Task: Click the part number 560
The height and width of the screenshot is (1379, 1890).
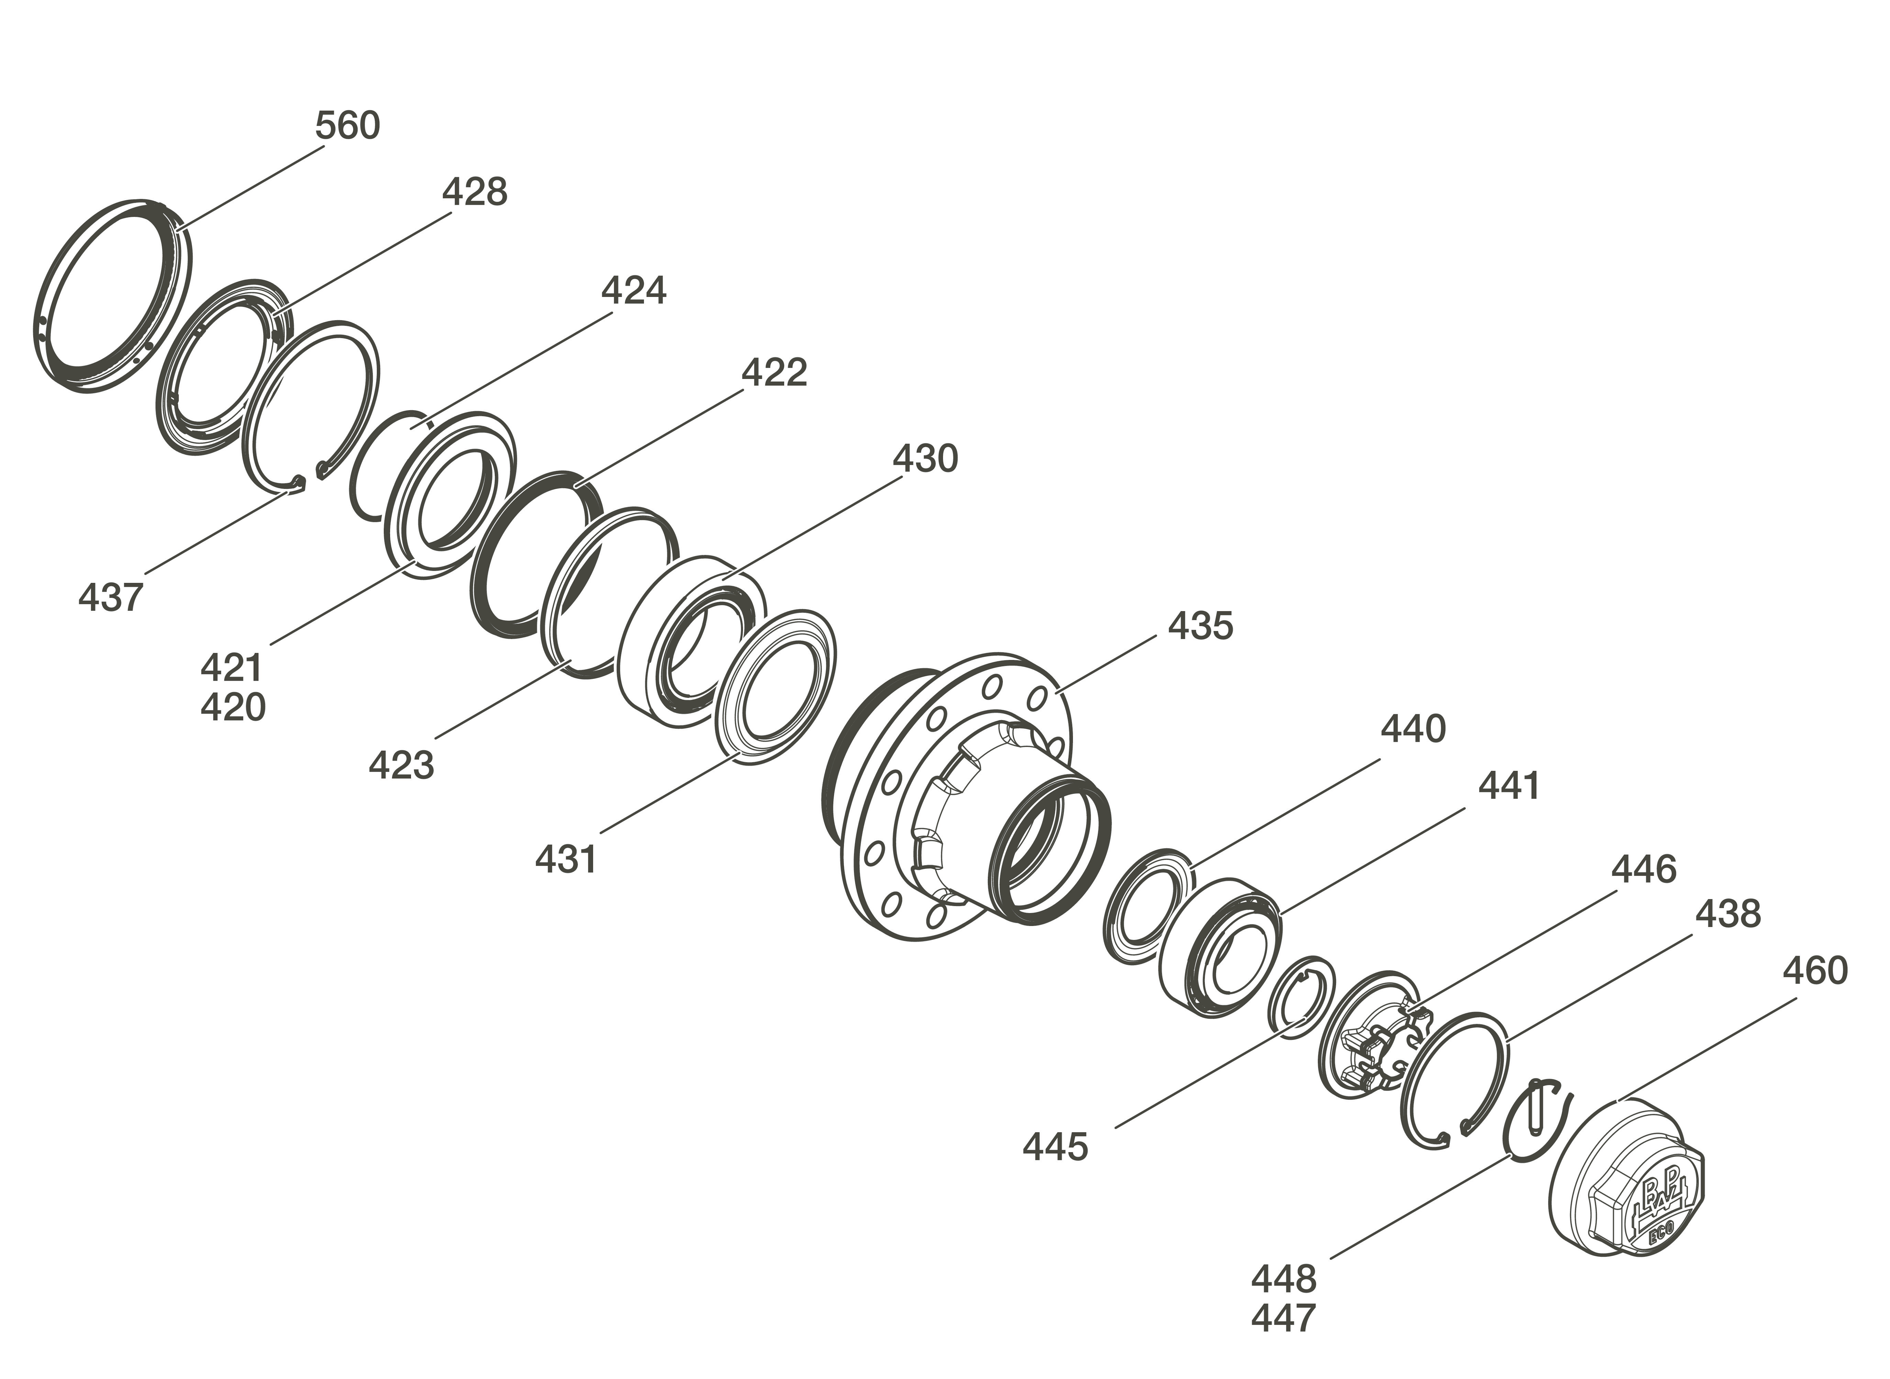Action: [x=347, y=125]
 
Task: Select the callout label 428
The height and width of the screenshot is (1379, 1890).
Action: [x=474, y=192]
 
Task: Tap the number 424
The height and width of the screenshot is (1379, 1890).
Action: [x=634, y=291]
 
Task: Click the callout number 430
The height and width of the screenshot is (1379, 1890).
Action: [x=925, y=458]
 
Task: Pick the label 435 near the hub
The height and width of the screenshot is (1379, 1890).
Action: [x=1200, y=625]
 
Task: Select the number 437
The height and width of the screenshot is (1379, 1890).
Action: [x=111, y=598]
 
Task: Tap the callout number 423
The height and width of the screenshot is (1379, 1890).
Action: [x=402, y=765]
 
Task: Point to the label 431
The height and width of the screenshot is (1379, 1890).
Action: [x=566, y=859]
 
